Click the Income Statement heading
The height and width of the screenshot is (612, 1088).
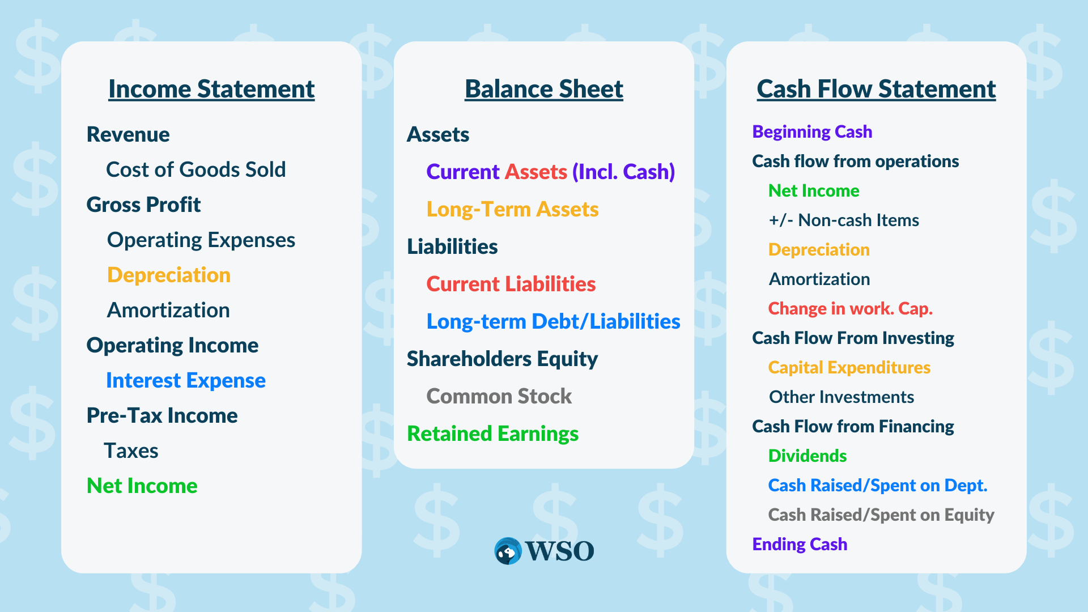(x=211, y=90)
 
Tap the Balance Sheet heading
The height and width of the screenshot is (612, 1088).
(x=544, y=90)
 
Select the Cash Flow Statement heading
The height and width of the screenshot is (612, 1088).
(x=876, y=90)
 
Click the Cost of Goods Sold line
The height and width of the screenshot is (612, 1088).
(x=196, y=169)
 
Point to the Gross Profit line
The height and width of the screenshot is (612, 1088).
(x=143, y=205)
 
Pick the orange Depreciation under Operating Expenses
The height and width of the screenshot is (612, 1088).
(x=169, y=275)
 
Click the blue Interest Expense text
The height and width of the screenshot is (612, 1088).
(x=186, y=380)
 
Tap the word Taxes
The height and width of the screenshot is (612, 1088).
(x=131, y=451)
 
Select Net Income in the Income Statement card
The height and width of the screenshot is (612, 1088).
(x=142, y=486)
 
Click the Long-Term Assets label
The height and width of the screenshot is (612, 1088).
(x=512, y=210)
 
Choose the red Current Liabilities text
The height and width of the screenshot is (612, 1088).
(x=511, y=284)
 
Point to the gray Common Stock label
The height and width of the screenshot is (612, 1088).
(x=499, y=396)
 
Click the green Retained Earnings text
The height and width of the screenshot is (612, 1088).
(x=493, y=434)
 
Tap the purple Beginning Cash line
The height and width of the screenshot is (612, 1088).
(x=812, y=132)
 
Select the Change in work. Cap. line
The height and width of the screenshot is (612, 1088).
(x=851, y=308)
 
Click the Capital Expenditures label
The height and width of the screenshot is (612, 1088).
(x=849, y=368)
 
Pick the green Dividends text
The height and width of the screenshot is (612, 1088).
(x=807, y=456)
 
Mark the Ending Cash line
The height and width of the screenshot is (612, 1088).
(x=800, y=545)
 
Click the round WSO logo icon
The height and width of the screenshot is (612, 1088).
(x=508, y=551)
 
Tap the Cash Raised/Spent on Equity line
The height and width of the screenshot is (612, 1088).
(x=881, y=515)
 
